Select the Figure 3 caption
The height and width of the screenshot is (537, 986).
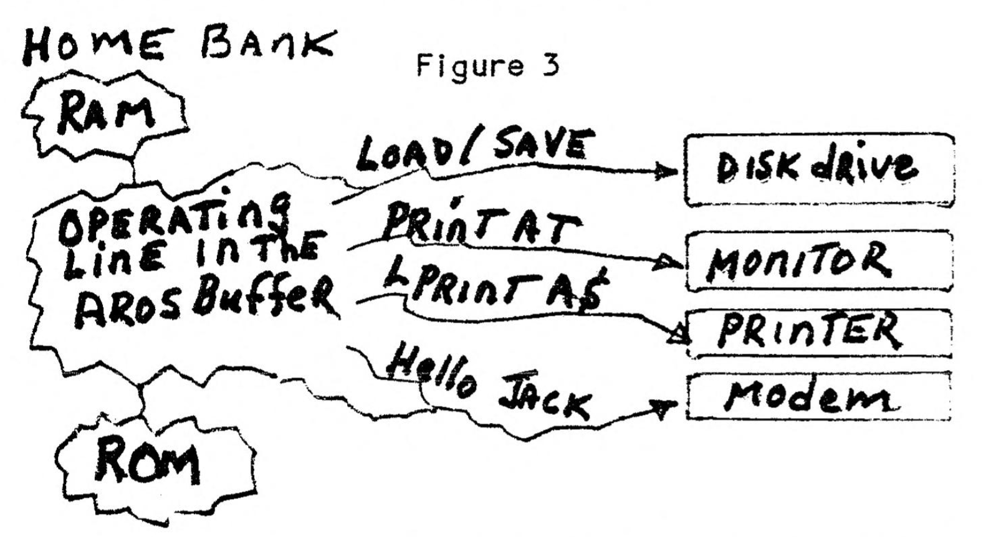(x=487, y=65)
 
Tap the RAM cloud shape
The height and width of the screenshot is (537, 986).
(x=106, y=115)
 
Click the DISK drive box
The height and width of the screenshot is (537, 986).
(x=818, y=169)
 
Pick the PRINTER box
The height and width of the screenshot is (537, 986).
(x=818, y=333)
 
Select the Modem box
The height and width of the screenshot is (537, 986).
(x=818, y=396)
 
